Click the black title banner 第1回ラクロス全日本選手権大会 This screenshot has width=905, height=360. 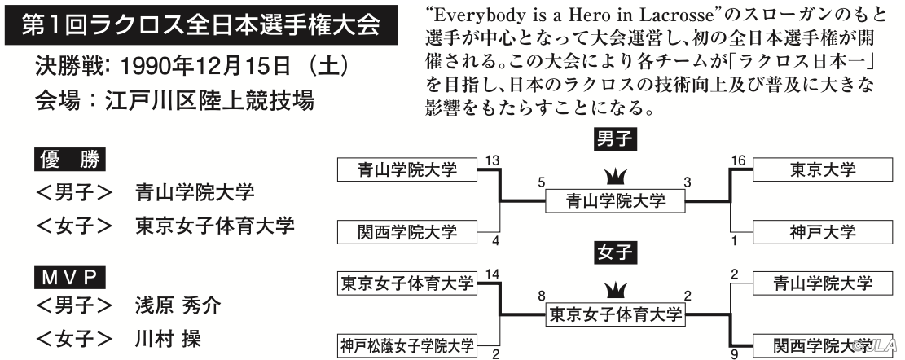[201, 25]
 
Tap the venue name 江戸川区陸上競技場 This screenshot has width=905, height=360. [209, 100]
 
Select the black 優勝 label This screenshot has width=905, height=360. [70, 160]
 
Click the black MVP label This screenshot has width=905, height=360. [70, 278]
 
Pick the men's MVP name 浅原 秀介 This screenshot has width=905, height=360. [178, 305]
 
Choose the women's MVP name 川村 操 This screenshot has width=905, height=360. [168, 337]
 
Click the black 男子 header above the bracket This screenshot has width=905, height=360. [615, 139]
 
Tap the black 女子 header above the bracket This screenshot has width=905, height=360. [615, 252]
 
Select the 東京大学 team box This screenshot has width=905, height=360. [823, 169]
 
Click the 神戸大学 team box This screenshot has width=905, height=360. [823, 232]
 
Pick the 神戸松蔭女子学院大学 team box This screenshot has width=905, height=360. [407, 346]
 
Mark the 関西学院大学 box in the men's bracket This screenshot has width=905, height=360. [407, 232]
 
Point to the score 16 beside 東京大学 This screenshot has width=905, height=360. [738, 160]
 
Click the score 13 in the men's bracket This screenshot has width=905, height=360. [492, 160]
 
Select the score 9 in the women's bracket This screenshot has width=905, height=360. [734, 354]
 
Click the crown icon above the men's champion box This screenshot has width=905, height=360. [615, 176]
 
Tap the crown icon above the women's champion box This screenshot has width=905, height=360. [615, 290]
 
